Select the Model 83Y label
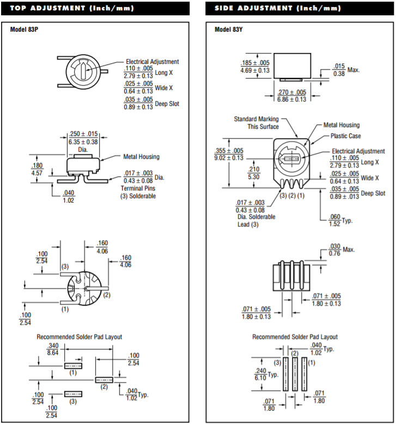coord(229,29)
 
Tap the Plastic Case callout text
coord(345,136)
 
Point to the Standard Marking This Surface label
coord(256,123)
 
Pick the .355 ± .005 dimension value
coord(229,151)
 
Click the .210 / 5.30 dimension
coord(254,173)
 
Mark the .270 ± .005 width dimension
coord(292,96)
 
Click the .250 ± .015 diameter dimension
coord(83,138)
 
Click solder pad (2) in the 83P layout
coord(103,379)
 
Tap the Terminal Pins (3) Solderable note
coord(138,192)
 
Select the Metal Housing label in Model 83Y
coord(342,125)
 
